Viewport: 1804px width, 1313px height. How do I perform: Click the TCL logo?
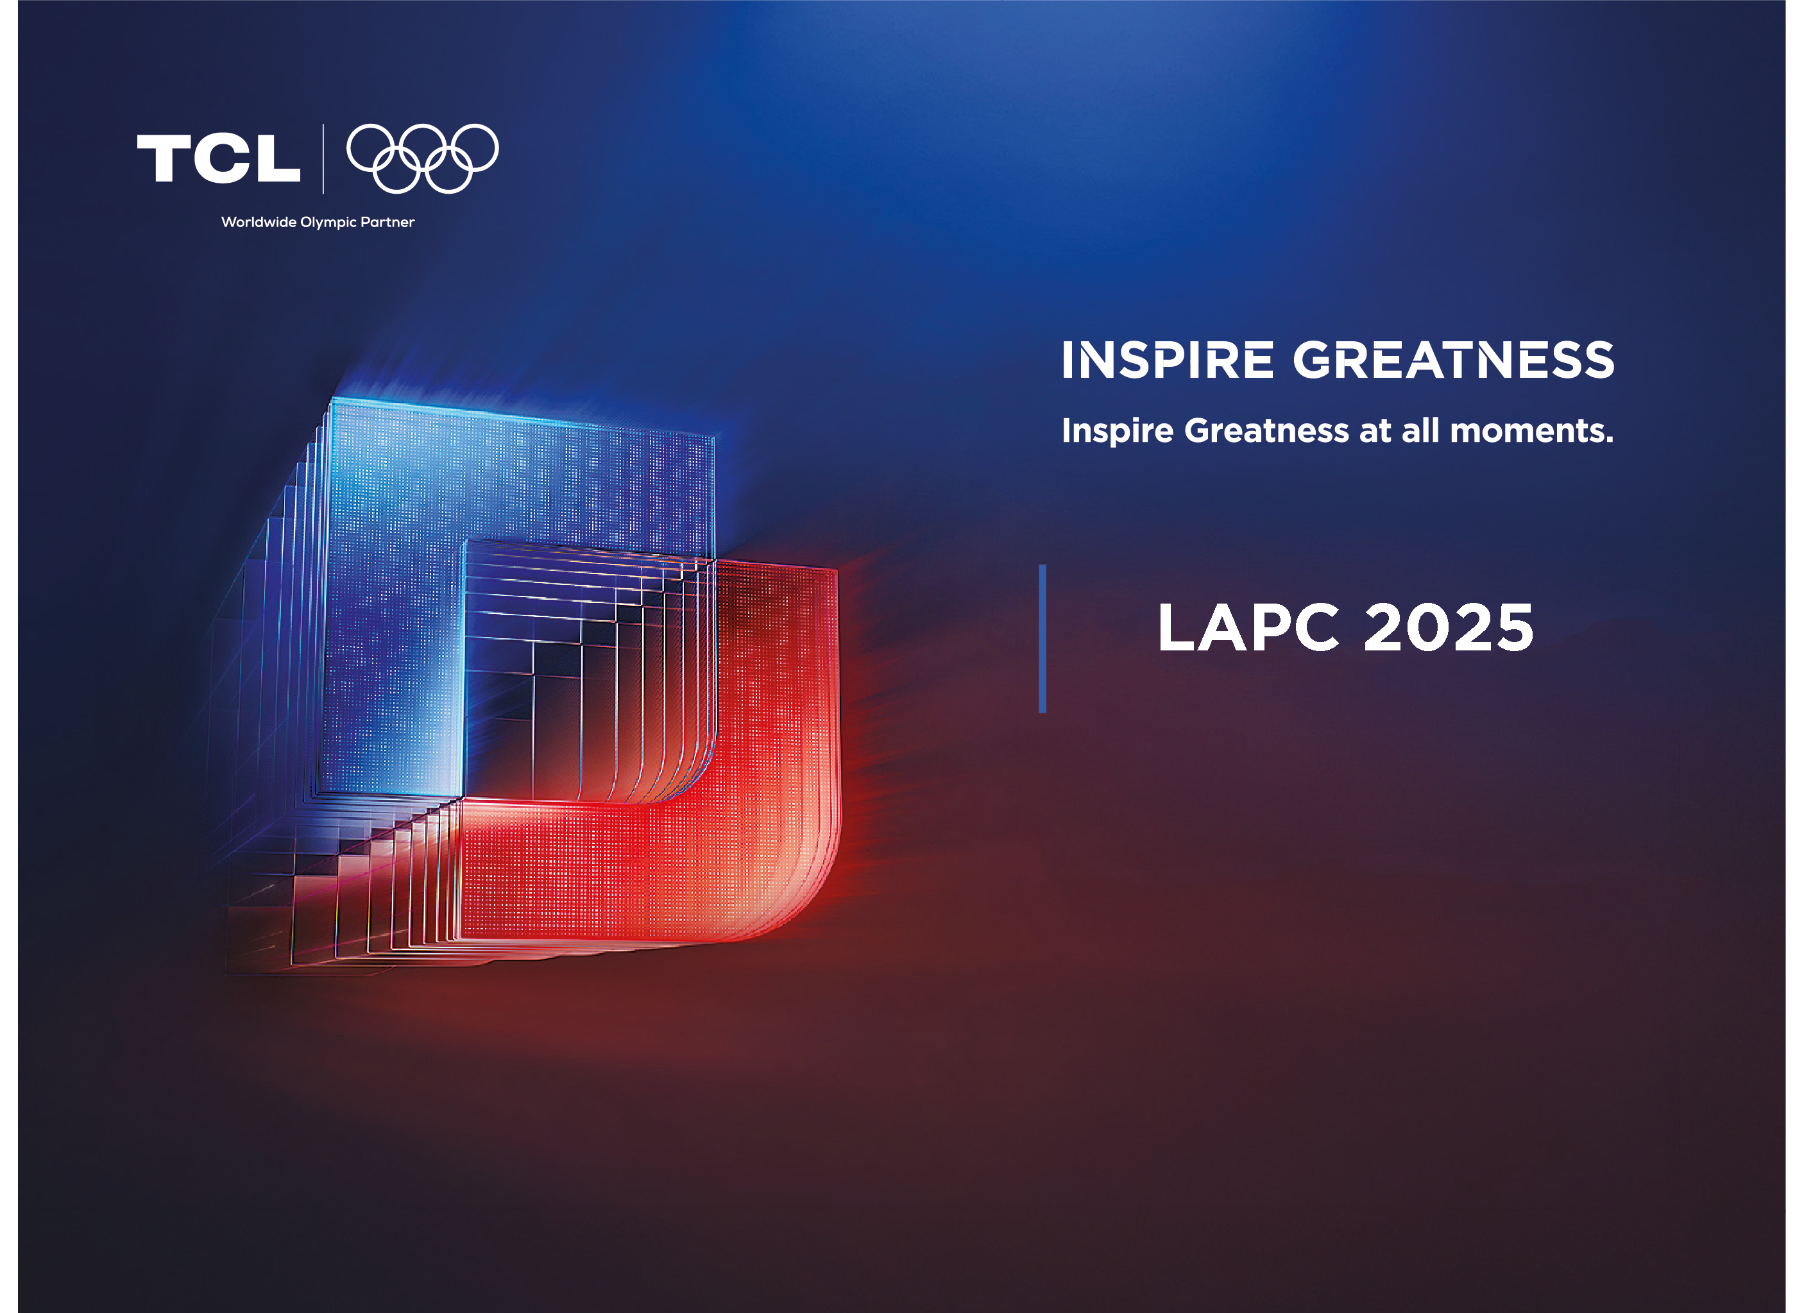coord(219,158)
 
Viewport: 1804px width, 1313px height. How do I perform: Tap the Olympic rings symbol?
coord(422,158)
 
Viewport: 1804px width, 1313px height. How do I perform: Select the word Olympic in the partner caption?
coord(328,223)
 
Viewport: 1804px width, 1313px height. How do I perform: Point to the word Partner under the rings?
coord(387,222)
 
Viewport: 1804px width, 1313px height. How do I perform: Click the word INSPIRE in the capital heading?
coord(1168,360)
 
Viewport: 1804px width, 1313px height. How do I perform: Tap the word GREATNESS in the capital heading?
coord(1453,360)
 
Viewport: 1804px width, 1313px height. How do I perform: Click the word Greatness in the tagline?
coord(1266,430)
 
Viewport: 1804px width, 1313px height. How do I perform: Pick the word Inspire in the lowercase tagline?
coord(1118,431)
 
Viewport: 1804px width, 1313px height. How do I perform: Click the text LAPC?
coord(1248,627)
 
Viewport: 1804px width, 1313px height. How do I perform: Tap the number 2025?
coord(1449,627)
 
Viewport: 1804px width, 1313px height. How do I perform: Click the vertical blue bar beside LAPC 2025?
coord(1042,639)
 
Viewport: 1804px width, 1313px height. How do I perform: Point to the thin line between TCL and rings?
coord(323,158)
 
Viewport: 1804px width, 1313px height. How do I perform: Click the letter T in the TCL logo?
coord(164,158)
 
